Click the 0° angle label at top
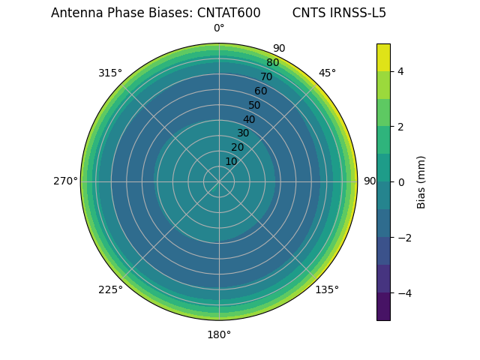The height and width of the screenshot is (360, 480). click(x=219, y=28)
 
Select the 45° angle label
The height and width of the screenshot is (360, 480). click(x=327, y=73)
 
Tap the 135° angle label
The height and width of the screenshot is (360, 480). click(x=327, y=289)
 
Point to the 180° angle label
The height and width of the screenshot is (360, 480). click(x=219, y=334)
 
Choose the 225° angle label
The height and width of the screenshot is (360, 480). click(x=110, y=289)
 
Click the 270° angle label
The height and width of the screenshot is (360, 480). click(x=65, y=181)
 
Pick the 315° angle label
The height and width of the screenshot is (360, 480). click(x=110, y=73)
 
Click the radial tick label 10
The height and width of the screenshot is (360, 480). click(x=231, y=161)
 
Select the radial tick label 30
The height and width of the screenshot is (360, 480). click(x=243, y=133)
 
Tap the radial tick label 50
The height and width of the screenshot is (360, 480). click(x=255, y=105)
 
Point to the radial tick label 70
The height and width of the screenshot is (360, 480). click(x=266, y=76)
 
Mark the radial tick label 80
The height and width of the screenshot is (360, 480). click(x=272, y=63)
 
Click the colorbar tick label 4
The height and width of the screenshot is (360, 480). click(x=401, y=71)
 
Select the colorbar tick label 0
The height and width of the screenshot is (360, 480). click(x=401, y=181)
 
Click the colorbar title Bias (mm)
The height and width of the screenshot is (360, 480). click(x=421, y=181)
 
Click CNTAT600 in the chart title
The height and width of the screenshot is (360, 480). click(x=229, y=13)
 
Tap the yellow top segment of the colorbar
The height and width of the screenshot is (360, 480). click(x=383, y=57)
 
